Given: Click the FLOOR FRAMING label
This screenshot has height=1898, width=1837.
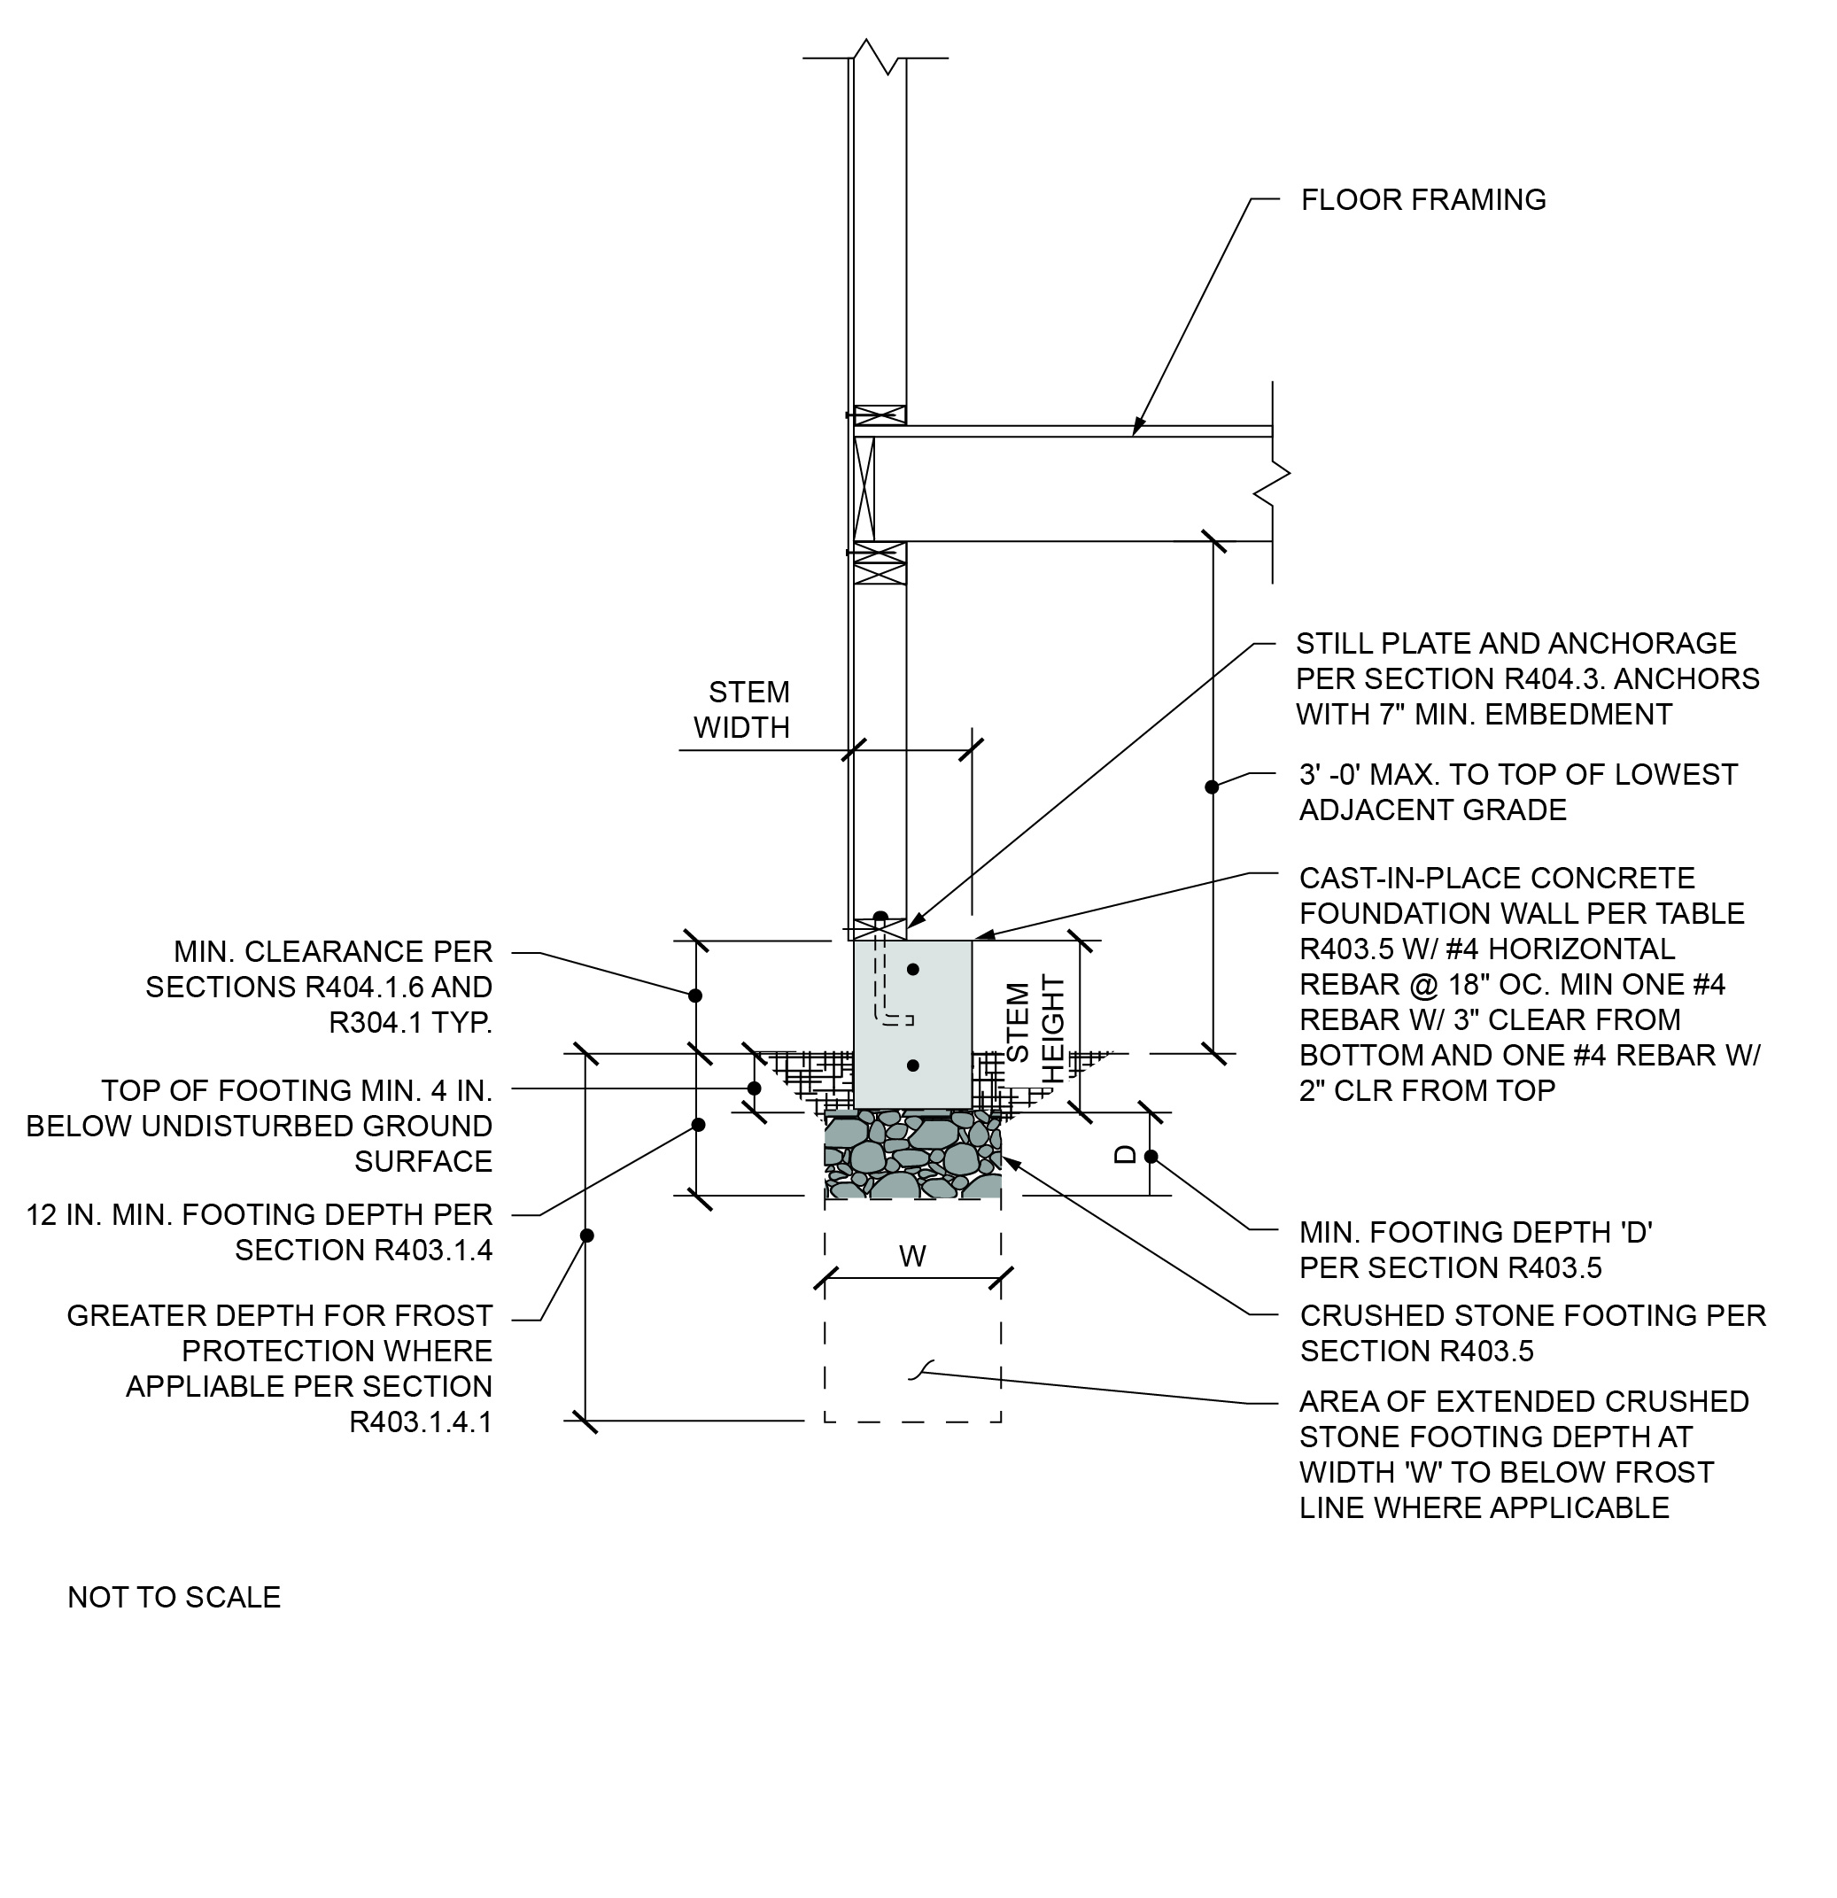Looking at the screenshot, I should point(1422,199).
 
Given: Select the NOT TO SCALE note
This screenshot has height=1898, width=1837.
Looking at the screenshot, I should point(174,1597).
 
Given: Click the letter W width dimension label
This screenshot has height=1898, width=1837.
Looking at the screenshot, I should point(912,1256).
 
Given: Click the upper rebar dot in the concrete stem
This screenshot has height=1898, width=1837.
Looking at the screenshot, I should point(912,969).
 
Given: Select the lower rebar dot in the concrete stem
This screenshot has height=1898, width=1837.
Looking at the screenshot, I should point(912,1065).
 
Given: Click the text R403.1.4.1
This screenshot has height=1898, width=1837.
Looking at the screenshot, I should point(422,1422).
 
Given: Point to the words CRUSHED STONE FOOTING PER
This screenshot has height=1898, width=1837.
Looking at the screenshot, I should point(1533,1315).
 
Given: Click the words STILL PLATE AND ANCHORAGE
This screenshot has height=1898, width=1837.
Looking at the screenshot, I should point(1516,643).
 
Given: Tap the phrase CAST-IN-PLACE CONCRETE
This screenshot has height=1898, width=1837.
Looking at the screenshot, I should point(1497,879).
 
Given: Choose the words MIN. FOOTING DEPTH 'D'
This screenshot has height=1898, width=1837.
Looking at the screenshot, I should point(1476,1232).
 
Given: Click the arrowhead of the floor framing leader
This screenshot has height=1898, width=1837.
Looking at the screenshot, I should point(1137,429).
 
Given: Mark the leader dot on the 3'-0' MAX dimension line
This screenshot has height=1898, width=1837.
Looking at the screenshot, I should point(1212,786).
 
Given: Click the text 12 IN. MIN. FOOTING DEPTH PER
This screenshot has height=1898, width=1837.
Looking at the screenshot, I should point(260,1214).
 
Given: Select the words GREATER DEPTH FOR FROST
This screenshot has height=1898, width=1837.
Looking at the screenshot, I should point(280,1315).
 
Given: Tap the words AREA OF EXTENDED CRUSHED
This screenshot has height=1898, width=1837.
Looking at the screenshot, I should point(1524,1401).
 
